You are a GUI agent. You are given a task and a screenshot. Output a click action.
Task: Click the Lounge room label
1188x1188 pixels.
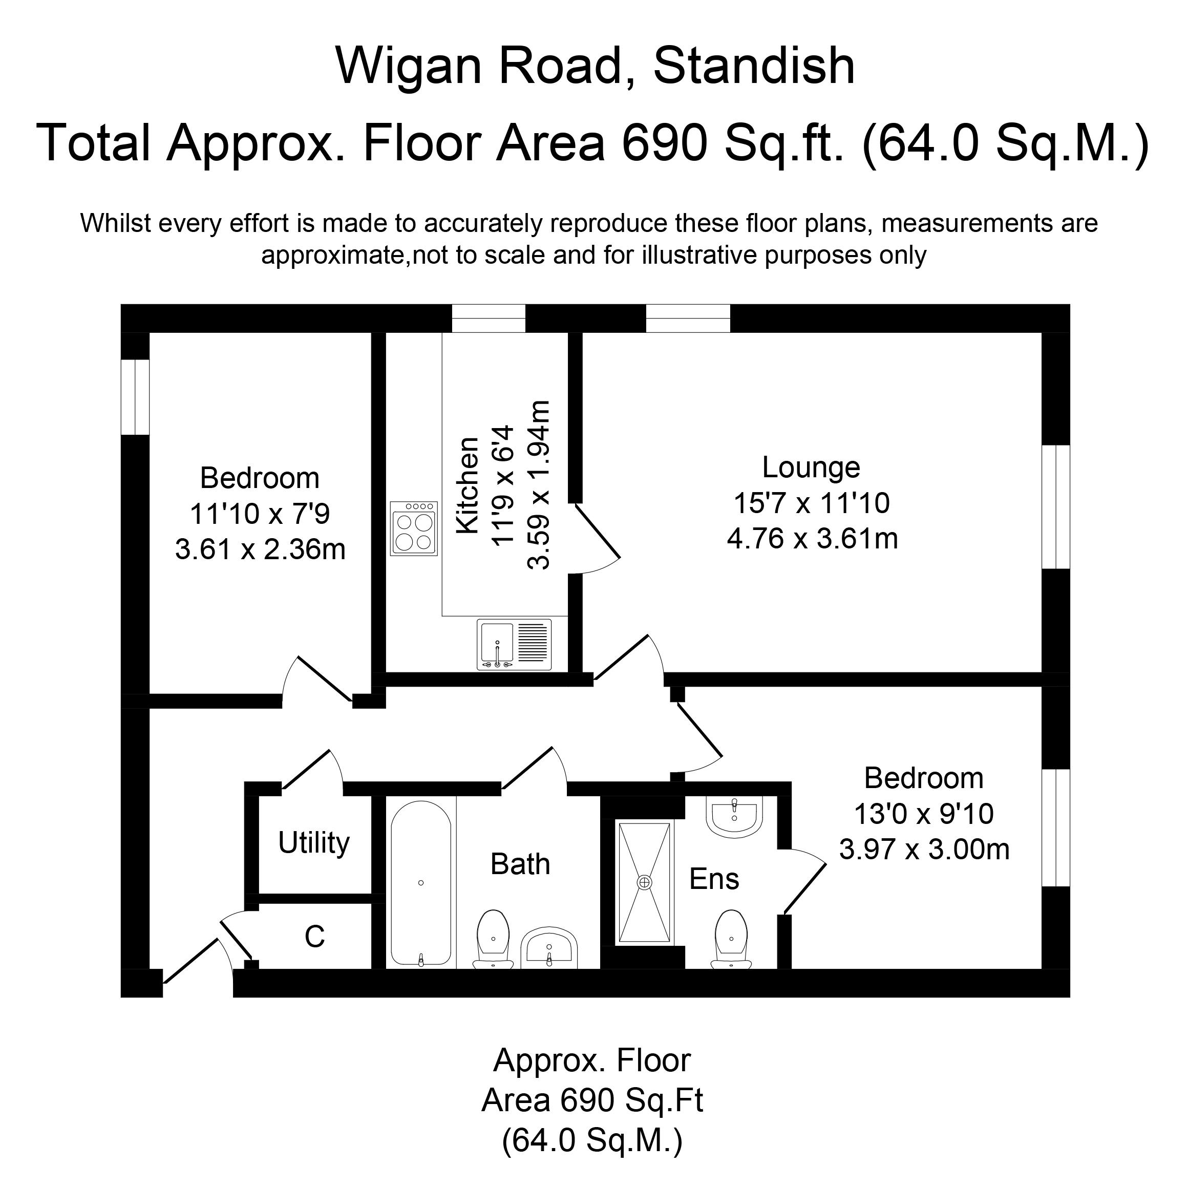[811, 468]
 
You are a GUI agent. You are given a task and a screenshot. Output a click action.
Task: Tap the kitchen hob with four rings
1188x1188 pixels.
[414, 529]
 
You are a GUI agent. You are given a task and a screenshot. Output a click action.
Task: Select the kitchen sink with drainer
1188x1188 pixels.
[514, 644]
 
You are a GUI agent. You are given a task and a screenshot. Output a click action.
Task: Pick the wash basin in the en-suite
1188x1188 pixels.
[735, 817]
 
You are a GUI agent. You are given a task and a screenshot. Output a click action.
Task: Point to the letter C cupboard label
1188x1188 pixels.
[314, 937]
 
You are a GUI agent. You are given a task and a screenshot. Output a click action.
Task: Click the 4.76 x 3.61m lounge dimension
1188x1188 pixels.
[812, 539]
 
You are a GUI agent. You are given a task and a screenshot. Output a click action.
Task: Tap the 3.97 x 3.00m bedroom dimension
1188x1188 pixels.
[924, 851]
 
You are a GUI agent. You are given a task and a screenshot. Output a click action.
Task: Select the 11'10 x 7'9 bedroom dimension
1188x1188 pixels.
[260, 514]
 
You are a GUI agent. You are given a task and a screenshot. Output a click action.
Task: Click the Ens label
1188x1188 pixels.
[714, 879]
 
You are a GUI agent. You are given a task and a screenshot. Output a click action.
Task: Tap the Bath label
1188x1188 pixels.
[520, 864]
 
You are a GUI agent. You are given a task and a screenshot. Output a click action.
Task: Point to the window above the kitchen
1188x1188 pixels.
[489, 318]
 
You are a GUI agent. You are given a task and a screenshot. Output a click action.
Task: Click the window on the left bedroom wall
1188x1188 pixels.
[135, 397]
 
